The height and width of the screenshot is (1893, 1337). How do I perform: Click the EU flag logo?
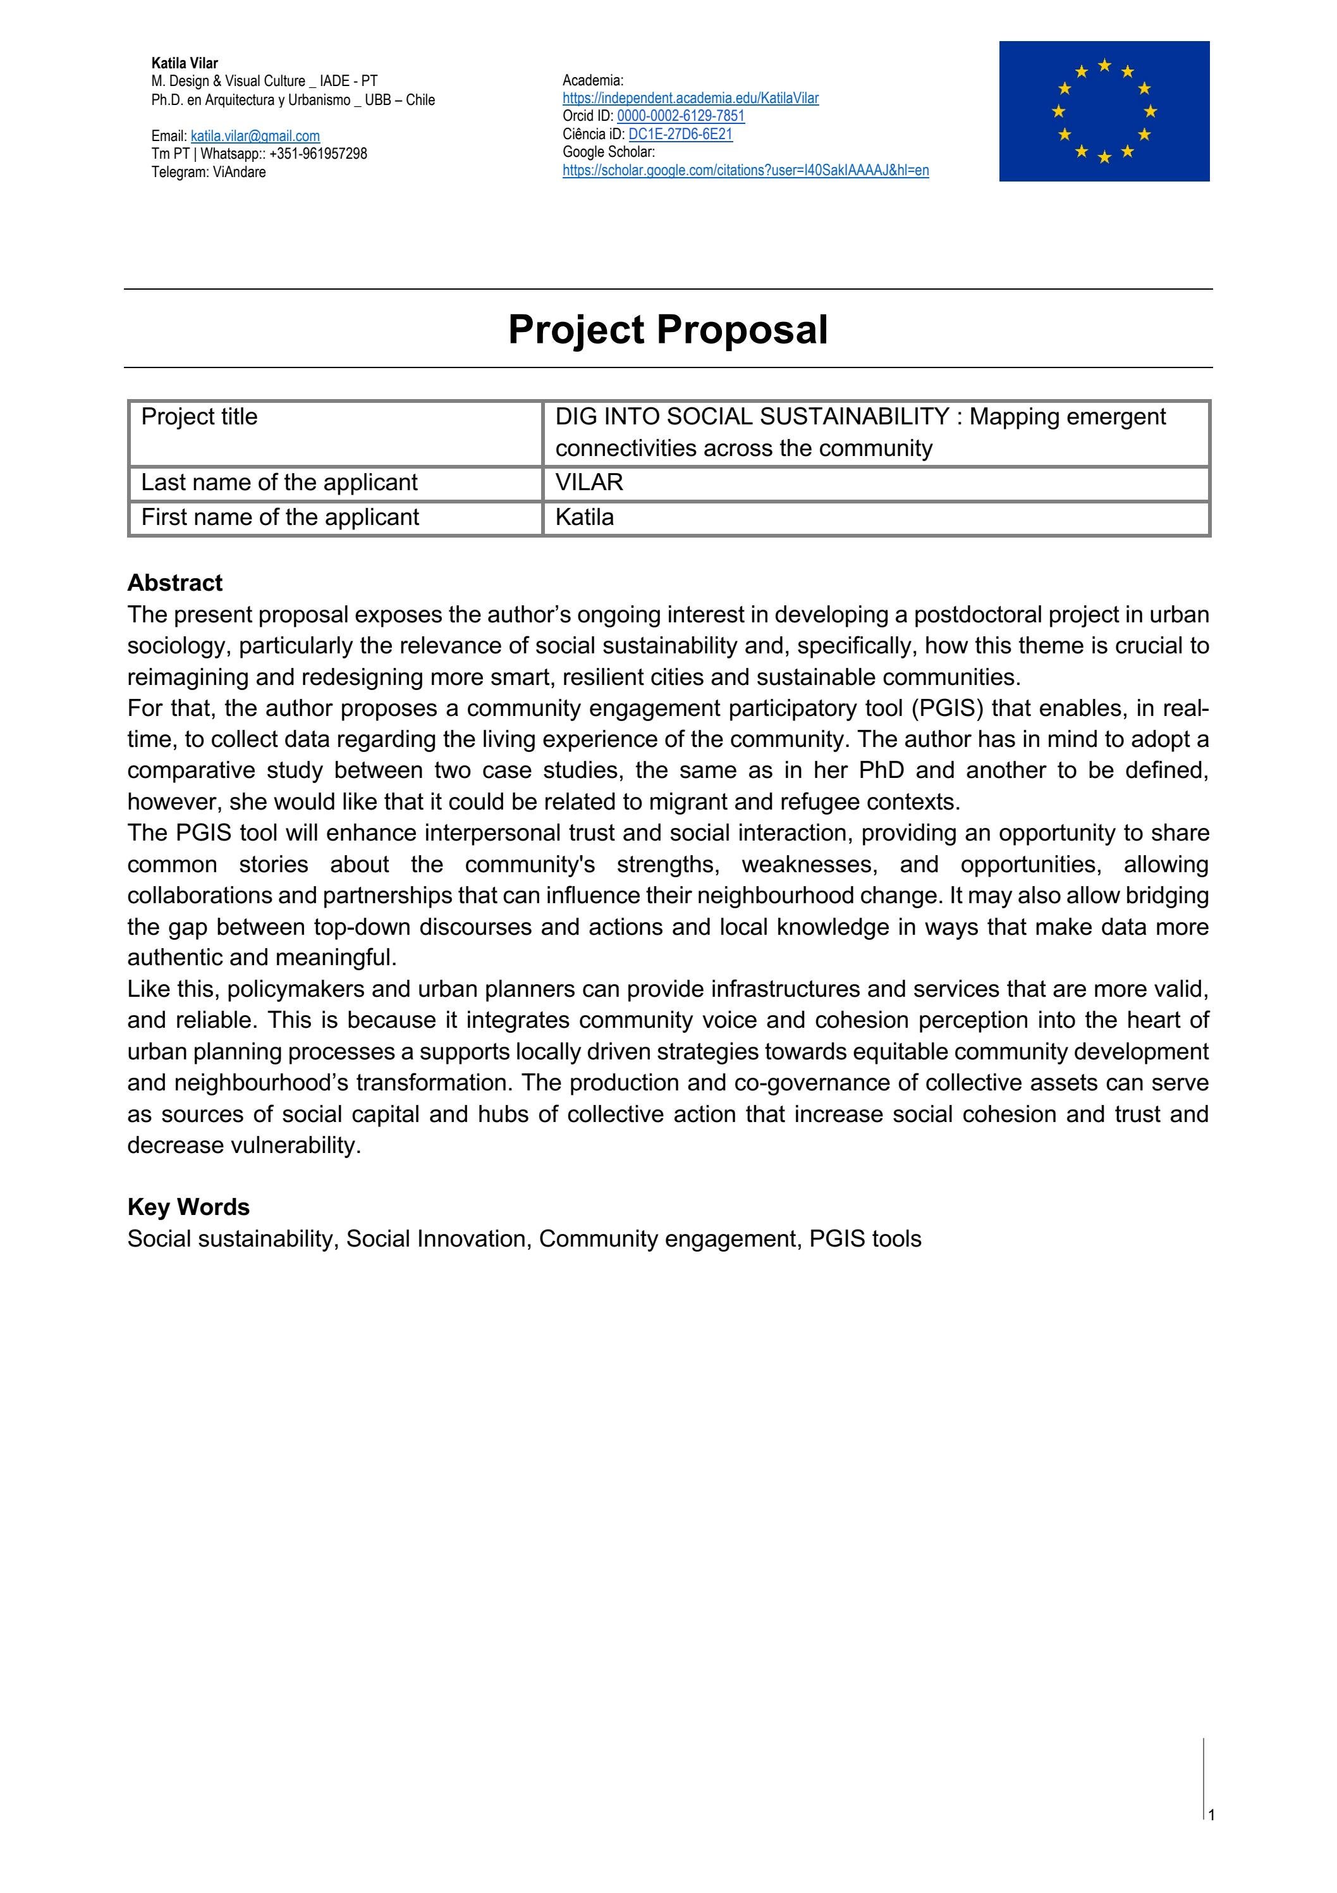pos(1104,111)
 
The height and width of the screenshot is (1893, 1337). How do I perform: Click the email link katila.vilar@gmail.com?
pos(255,136)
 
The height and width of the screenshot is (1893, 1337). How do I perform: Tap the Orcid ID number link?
pos(680,116)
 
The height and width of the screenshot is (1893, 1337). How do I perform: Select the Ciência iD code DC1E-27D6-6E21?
pos(680,134)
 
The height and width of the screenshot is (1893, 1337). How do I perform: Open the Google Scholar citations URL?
pos(745,171)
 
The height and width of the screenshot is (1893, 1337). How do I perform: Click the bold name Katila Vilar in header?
pos(185,63)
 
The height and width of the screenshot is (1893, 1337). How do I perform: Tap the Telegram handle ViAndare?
pos(239,172)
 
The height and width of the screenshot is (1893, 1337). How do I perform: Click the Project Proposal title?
pos(668,329)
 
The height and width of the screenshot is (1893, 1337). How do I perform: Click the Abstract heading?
pos(174,583)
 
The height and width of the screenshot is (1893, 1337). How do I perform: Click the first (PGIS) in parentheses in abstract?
pos(947,708)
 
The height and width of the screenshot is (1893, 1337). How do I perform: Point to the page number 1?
pos(1212,1815)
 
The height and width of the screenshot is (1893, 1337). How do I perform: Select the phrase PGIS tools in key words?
pos(865,1238)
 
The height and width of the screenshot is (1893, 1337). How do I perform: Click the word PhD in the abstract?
pos(881,770)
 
